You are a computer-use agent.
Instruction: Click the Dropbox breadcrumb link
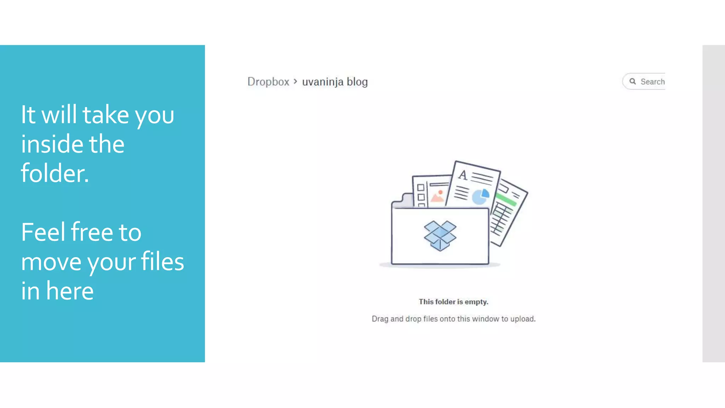click(x=268, y=82)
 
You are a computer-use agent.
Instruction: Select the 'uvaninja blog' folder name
click(x=335, y=82)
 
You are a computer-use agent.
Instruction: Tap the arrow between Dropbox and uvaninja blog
click(x=295, y=81)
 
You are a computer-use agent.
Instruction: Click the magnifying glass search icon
click(x=633, y=81)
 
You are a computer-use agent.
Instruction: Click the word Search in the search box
click(x=652, y=82)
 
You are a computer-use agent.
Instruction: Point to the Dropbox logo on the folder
click(x=440, y=236)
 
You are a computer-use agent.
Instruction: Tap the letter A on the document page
click(x=463, y=175)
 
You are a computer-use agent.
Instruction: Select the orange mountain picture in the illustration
click(x=438, y=196)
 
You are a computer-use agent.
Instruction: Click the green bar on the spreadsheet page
click(x=506, y=199)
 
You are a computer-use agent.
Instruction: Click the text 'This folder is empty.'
click(x=453, y=302)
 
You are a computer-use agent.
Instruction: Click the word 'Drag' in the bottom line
click(x=380, y=319)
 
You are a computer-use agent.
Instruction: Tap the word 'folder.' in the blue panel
click(x=55, y=173)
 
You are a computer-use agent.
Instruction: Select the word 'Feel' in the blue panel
click(x=44, y=232)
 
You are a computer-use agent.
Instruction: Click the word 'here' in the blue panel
click(x=70, y=291)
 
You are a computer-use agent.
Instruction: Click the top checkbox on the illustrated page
click(x=421, y=187)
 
